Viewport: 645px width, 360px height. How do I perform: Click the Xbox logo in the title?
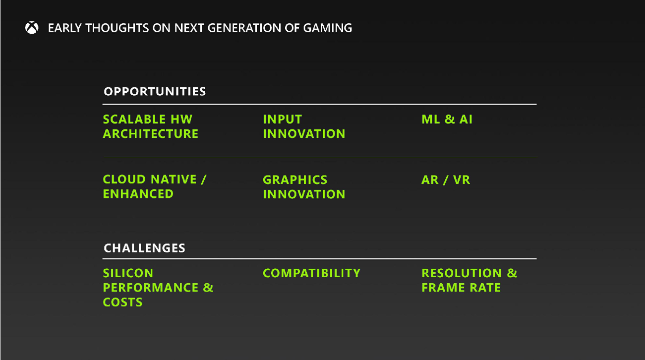pos(32,28)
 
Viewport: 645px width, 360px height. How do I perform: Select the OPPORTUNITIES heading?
pos(155,92)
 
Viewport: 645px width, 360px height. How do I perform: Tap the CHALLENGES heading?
pos(144,248)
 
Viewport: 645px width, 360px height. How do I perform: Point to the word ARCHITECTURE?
pos(151,134)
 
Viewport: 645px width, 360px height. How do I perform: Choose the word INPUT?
pos(282,120)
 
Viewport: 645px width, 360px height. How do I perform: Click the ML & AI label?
pos(447,120)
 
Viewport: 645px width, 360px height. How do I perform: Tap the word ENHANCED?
pos(138,194)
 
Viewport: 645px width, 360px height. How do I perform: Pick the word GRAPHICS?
pos(295,180)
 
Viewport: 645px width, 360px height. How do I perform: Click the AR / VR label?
pos(445,180)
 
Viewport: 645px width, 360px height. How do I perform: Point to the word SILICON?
pos(128,273)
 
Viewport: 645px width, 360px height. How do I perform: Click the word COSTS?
pos(122,302)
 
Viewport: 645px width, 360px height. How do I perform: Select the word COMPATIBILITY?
pos(311,273)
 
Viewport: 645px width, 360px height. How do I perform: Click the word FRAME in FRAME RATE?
pos(443,288)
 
